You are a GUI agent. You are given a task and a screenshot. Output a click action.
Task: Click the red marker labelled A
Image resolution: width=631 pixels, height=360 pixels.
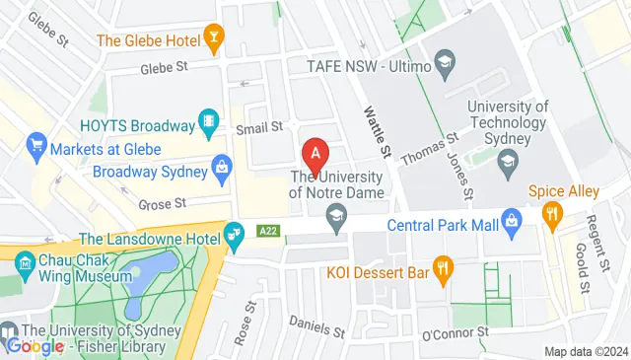(x=315, y=154)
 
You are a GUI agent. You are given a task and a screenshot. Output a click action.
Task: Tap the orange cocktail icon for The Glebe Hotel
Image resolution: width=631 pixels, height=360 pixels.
(x=214, y=40)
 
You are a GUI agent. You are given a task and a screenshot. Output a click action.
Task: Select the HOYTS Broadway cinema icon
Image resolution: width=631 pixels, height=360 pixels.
(x=209, y=125)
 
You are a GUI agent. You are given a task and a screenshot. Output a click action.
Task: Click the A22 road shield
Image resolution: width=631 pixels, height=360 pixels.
(x=266, y=229)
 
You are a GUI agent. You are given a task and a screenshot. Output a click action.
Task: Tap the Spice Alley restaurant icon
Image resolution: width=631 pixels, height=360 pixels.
(x=552, y=212)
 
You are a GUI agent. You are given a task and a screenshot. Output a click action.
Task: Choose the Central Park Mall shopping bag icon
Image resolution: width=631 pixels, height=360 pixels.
(x=511, y=223)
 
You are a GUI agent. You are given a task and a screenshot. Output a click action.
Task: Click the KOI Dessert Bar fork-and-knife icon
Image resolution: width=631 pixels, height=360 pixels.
(x=446, y=265)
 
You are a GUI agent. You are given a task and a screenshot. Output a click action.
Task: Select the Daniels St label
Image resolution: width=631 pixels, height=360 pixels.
(x=315, y=324)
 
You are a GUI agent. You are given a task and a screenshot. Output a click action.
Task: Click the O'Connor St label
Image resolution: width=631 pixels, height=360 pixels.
(x=455, y=334)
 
